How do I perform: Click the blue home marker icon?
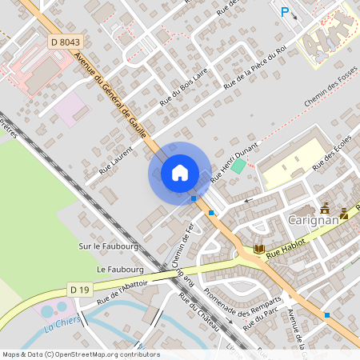[x=180, y=173]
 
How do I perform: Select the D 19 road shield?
[x=78, y=289]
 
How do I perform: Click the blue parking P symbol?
[x=284, y=11]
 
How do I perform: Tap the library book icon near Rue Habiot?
[x=259, y=250]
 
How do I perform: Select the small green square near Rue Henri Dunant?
[x=238, y=164]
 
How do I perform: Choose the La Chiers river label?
[x=59, y=325]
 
